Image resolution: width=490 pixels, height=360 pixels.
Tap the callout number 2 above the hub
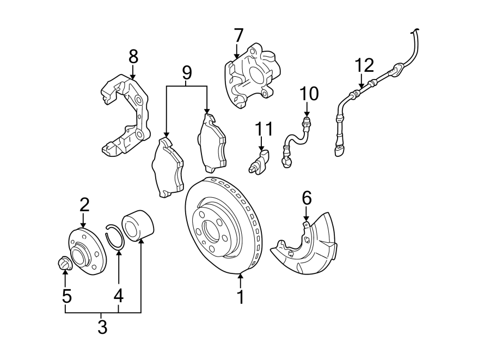(84, 205)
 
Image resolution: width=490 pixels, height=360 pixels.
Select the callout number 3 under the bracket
(102, 327)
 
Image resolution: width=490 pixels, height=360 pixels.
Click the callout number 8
(133, 56)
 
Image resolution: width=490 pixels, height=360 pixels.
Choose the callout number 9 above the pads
(187, 72)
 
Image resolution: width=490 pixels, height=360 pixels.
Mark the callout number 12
(365, 65)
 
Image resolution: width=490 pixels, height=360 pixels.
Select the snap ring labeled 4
(115, 236)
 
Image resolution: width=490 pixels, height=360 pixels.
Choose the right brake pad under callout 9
(212, 142)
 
